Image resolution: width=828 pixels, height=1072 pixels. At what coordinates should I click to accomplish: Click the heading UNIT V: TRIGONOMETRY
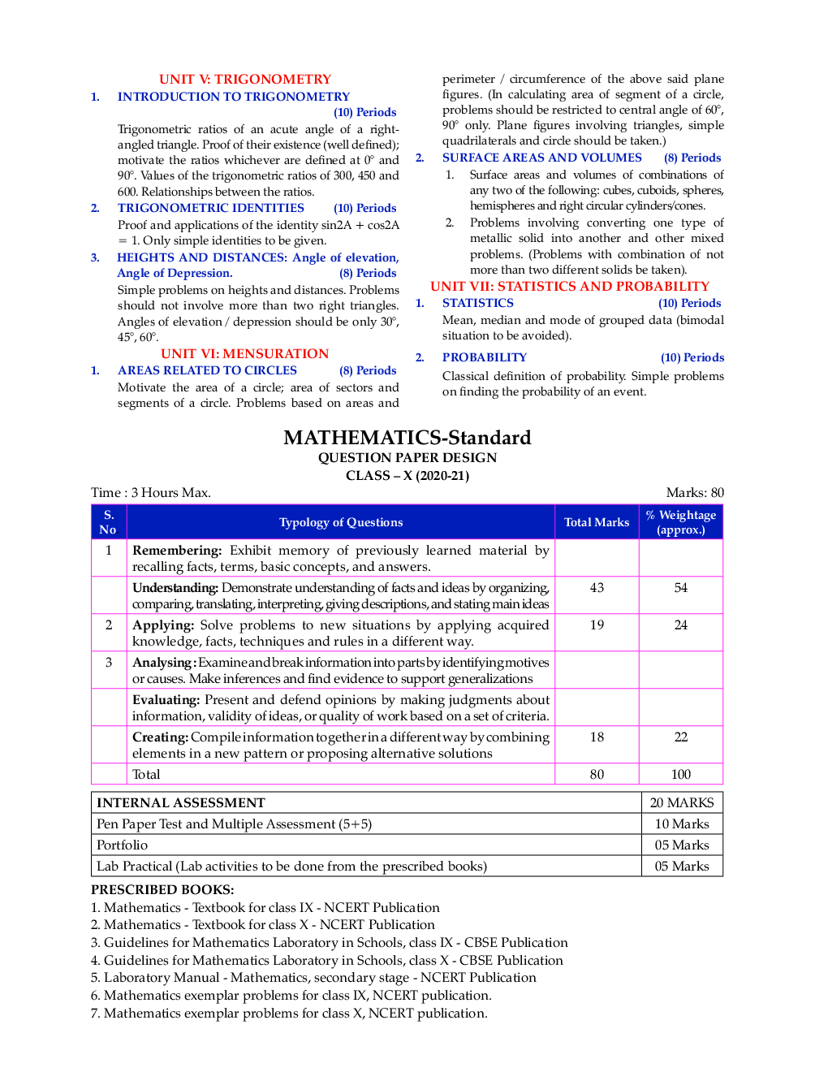point(244,79)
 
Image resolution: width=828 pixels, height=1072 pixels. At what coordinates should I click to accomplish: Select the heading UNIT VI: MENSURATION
point(244,353)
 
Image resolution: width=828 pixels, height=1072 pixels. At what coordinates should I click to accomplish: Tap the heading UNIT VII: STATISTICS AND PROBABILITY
point(569,286)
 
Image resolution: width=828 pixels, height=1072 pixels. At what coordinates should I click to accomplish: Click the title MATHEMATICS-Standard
point(407,437)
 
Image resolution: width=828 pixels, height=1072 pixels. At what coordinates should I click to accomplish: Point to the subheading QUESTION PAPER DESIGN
point(407,457)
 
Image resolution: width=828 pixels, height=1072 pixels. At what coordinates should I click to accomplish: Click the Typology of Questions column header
point(340,522)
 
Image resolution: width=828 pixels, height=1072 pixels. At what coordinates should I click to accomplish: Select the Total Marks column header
point(597,522)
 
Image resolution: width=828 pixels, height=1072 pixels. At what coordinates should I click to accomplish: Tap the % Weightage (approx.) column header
point(680,522)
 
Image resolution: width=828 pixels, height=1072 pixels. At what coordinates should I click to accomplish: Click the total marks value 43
point(597,587)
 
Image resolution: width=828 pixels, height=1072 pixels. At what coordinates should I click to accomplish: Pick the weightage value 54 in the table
point(680,587)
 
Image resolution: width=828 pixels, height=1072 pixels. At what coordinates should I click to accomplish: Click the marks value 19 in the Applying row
point(597,625)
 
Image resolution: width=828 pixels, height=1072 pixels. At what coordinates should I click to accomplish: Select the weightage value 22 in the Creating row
point(680,737)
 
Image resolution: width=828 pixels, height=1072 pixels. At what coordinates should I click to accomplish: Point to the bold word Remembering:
point(177,550)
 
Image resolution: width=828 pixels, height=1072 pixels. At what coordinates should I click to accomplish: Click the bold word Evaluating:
point(166,699)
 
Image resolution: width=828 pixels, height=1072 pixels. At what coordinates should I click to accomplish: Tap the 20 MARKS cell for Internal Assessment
point(681,802)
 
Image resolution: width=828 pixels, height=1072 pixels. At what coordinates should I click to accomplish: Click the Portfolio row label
point(123,845)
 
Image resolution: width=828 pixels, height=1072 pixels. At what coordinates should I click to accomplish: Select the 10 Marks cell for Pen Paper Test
point(681,823)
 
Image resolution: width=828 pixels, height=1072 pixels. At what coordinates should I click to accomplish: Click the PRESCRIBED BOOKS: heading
point(162,889)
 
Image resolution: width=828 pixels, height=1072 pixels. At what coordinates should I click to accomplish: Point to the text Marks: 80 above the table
point(694,492)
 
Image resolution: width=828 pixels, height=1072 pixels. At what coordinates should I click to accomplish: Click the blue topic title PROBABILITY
point(484,357)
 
